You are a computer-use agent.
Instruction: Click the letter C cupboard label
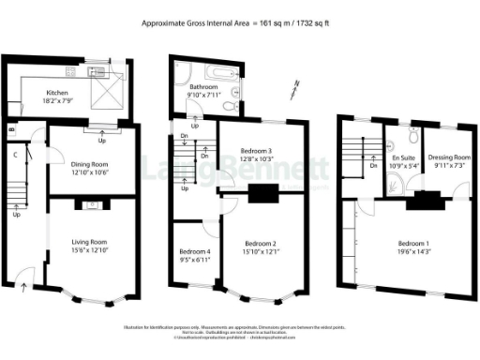tap(16, 154)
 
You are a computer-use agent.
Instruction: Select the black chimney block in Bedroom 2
tap(263, 195)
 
